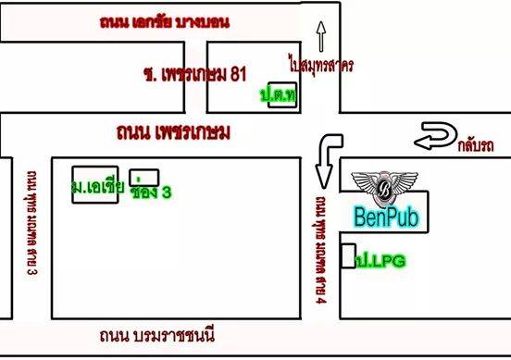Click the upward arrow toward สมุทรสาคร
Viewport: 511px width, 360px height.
pos(321,36)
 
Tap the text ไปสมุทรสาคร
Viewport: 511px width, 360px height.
pos(321,66)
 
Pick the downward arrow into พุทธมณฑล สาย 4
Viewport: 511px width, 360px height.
pos(324,160)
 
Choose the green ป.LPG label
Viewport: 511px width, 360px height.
pos(381,262)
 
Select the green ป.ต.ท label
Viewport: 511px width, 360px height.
pos(277,96)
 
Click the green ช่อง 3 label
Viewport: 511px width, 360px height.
pos(152,192)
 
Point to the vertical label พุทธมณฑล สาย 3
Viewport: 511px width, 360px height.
pos(31,223)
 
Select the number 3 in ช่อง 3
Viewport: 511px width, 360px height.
pos(167,192)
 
